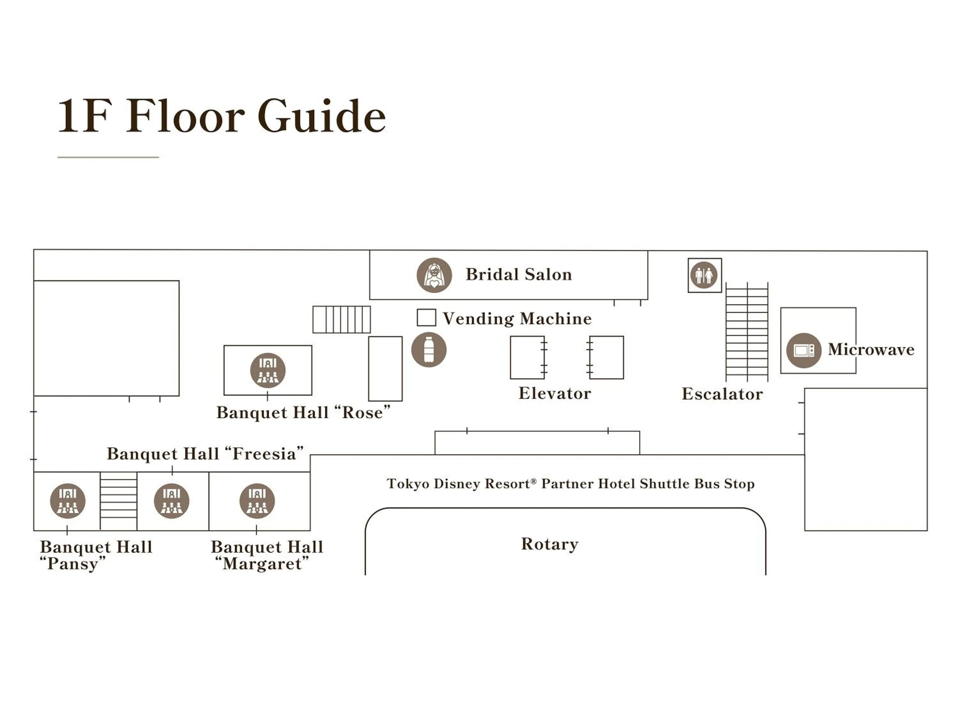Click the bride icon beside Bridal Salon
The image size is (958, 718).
[434, 275]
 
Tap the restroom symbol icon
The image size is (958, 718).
[704, 275]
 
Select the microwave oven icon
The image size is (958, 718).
[803, 350]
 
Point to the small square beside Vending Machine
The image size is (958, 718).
[426, 318]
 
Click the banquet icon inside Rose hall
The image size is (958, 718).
[268, 370]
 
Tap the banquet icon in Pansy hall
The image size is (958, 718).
[68, 501]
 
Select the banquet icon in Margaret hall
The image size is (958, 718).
[257, 501]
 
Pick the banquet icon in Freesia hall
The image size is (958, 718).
[171, 501]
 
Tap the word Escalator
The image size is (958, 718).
[722, 394]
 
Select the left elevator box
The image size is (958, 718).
[527, 357]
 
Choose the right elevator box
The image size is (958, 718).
[607, 357]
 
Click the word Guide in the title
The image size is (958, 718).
[321, 116]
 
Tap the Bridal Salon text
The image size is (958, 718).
[518, 275]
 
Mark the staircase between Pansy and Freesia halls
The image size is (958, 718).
[118, 501]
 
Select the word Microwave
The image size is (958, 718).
[871, 349]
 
